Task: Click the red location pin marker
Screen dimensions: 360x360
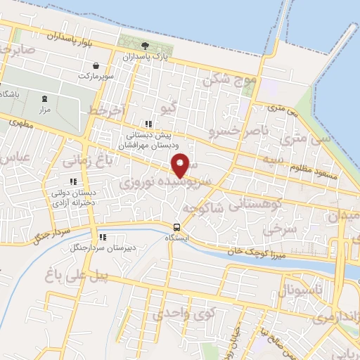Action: [181, 165]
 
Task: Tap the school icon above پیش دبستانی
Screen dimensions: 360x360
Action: [146, 124]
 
